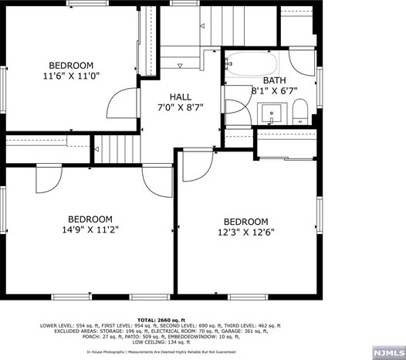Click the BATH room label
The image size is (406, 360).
coord(275,80)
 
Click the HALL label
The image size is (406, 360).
coord(181,97)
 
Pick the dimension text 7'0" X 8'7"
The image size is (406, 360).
coord(181,108)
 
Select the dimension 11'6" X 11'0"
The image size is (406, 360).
coord(71,76)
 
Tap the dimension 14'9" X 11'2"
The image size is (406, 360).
coord(90,229)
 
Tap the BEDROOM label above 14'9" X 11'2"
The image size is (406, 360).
coord(90,219)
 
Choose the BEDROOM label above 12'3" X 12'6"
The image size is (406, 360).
coord(246,221)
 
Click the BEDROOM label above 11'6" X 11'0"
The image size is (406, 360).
coord(71,66)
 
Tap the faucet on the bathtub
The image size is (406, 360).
coord(227,64)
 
